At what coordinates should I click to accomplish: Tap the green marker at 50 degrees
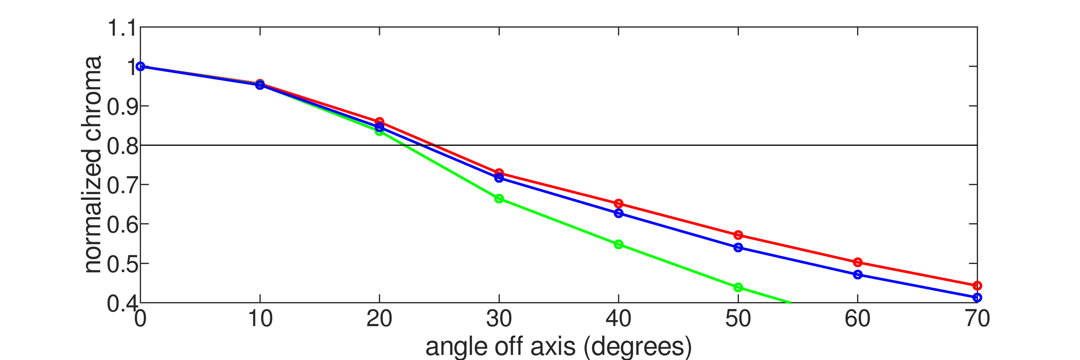pyautogui.click(x=738, y=287)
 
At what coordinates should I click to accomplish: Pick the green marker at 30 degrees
pyautogui.click(x=499, y=199)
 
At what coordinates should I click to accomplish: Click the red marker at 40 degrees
pyautogui.click(x=618, y=204)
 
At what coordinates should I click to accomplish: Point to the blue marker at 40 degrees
pyautogui.click(x=618, y=213)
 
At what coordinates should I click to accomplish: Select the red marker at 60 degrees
pyautogui.click(x=858, y=262)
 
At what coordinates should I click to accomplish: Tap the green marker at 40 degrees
pyautogui.click(x=618, y=244)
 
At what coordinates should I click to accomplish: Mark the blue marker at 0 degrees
pyautogui.click(x=140, y=66)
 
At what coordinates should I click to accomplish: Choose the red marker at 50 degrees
pyautogui.click(x=738, y=235)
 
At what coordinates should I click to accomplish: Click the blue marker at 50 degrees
pyautogui.click(x=738, y=248)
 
